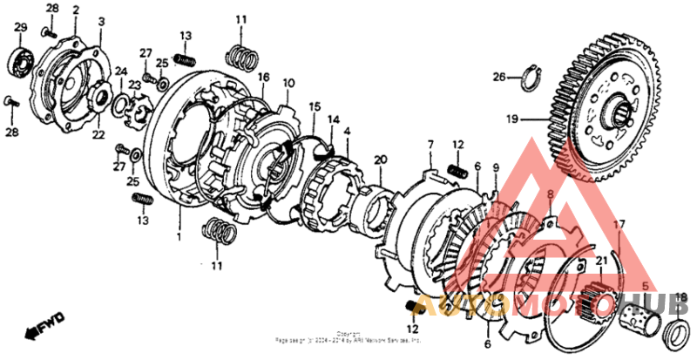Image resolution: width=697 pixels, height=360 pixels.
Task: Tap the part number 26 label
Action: tap(498, 78)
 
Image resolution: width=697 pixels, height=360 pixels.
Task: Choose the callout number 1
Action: tap(179, 236)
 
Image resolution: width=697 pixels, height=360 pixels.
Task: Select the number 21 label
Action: tap(599, 260)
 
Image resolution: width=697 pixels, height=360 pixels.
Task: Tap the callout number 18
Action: tap(681, 296)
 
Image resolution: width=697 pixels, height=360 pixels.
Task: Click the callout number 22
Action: tap(98, 136)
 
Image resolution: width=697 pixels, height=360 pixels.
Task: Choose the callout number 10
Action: tap(288, 84)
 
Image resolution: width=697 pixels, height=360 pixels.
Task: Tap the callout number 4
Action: tap(347, 131)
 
